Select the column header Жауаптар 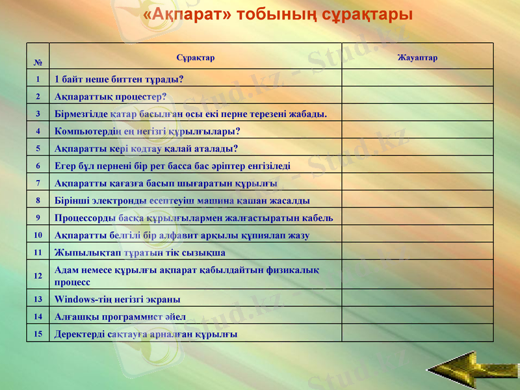point(417,58)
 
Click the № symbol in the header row point(38,63)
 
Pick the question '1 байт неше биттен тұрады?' point(119,79)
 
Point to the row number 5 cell point(38,148)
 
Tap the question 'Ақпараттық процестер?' point(110,96)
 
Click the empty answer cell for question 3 point(417,114)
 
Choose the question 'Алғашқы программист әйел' point(120,317)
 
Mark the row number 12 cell point(38,276)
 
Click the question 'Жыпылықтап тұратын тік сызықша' point(140,252)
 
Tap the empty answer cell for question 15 point(417,334)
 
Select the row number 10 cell point(38,235)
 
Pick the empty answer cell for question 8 point(417,200)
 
